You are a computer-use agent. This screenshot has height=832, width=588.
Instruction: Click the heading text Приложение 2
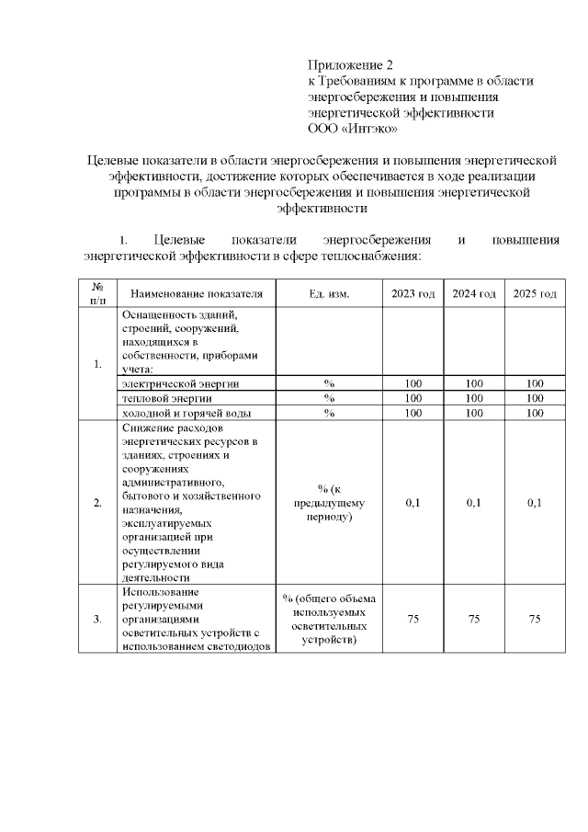[349, 65]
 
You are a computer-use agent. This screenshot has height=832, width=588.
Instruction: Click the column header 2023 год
[413, 293]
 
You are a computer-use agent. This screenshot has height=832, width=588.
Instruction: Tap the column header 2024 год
[474, 293]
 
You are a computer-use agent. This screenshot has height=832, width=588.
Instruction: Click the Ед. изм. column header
[329, 293]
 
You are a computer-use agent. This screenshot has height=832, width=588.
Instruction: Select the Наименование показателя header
[197, 293]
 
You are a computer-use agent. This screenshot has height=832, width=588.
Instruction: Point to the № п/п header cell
[97, 293]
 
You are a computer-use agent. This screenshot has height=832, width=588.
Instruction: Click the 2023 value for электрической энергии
[413, 383]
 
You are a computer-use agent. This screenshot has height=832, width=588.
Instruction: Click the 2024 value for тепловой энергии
[474, 398]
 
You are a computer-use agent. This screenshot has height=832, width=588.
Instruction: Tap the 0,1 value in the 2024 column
[474, 503]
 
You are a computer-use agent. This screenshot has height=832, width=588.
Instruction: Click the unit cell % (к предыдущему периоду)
[329, 503]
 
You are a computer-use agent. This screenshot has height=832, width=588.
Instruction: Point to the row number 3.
[97, 620]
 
